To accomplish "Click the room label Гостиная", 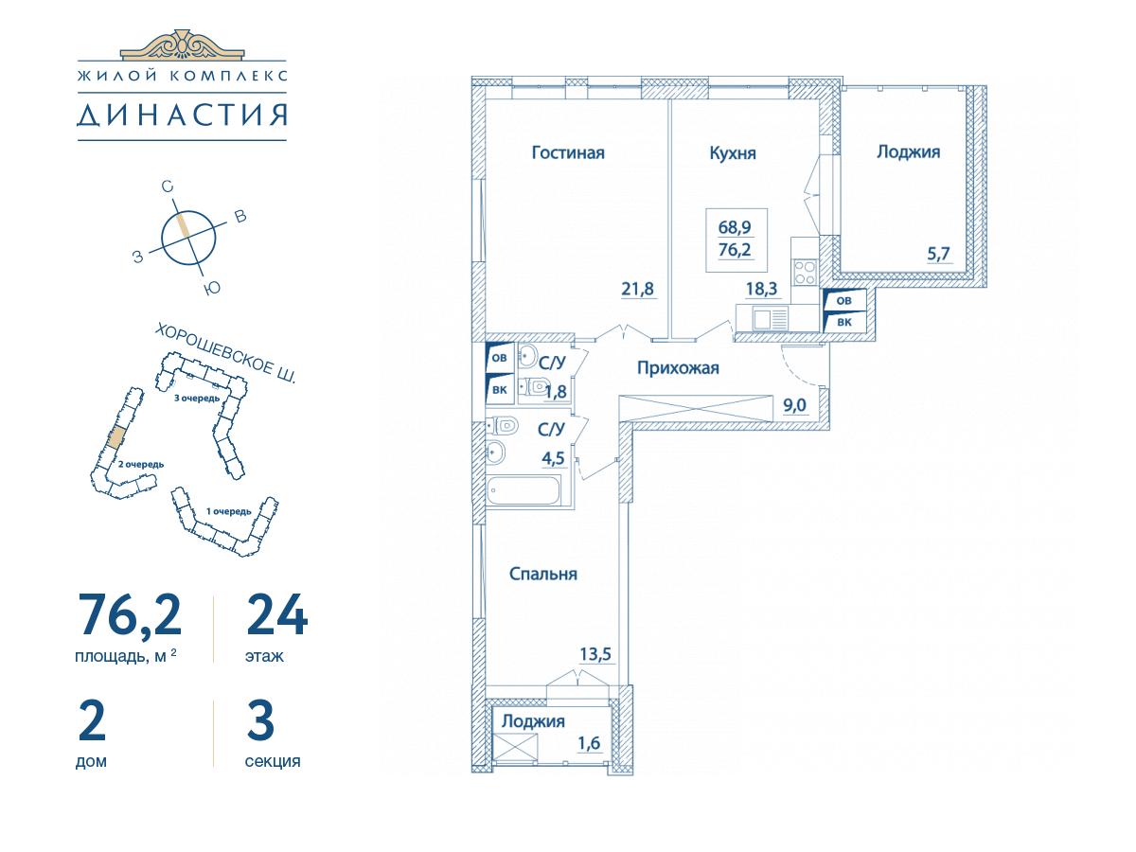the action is [x=568, y=152].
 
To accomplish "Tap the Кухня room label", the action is [x=733, y=153].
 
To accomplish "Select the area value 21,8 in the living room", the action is [x=638, y=289].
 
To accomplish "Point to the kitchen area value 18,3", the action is [x=761, y=288].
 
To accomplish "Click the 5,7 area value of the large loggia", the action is [x=938, y=254].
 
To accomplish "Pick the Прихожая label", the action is [x=678, y=368].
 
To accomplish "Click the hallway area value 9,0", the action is [x=794, y=405].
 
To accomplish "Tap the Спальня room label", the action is [x=542, y=574].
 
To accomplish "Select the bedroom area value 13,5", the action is [x=595, y=654].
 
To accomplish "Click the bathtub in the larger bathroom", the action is [x=524, y=489].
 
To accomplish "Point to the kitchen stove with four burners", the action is [x=806, y=272].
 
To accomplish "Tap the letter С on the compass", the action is [x=167, y=186].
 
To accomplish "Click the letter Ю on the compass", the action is [x=212, y=288].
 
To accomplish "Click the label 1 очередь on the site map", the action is [x=229, y=511].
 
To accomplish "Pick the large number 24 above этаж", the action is [x=277, y=614].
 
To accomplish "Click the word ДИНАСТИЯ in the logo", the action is [x=182, y=115].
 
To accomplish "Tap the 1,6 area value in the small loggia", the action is [x=589, y=743].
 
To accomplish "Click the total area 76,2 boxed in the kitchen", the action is [x=735, y=250].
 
